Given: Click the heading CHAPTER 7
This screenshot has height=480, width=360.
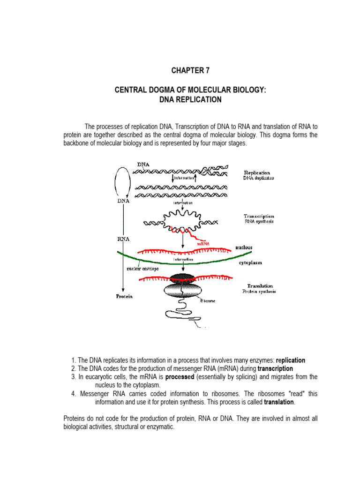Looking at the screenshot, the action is (x=190, y=71).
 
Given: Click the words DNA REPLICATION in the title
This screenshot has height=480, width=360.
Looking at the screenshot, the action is (x=190, y=100).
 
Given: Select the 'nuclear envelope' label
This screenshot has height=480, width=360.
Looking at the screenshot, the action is (x=142, y=269).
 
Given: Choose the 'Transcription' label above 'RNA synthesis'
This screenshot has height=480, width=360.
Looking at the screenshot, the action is (x=259, y=216).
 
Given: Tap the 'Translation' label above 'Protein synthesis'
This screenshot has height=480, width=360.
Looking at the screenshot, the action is (x=260, y=285).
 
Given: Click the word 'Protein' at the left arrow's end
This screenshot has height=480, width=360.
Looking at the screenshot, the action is (x=124, y=296).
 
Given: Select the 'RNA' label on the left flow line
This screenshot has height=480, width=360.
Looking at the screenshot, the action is (x=123, y=239).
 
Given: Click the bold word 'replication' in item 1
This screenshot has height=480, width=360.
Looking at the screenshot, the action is (x=291, y=360).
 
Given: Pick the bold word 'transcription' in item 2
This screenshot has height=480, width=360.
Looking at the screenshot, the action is (x=275, y=369).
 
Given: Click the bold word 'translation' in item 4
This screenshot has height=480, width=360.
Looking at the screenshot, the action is (x=279, y=402).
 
